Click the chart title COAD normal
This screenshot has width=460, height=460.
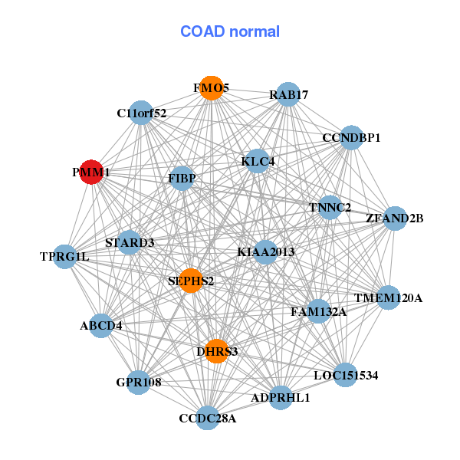tap(230, 32)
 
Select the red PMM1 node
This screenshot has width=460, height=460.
tap(92, 172)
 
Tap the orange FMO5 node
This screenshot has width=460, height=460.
tap(211, 88)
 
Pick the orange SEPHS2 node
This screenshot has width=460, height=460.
tap(191, 281)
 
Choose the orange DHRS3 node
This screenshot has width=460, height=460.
tap(217, 351)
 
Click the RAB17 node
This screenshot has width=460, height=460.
tap(288, 95)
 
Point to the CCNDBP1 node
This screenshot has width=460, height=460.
tap(351, 138)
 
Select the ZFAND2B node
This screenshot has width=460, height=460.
tap(394, 219)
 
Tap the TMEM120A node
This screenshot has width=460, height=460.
tap(388, 297)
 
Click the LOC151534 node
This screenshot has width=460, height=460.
tap(346, 376)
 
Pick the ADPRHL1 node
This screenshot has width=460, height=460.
tap(281, 397)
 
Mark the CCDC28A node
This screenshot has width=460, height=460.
tap(208, 418)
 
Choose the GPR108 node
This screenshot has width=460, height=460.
tap(139, 382)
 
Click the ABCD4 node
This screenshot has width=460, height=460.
tap(101, 326)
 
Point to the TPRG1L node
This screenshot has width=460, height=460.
tap(65, 256)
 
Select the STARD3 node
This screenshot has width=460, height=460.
tap(130, 243)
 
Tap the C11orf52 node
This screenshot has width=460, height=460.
tap(141, 113)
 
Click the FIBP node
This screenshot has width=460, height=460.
tap(182, 179)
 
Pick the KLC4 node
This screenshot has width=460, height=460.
tap(258, 162)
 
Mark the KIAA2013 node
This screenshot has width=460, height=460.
tap(265, 251)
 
